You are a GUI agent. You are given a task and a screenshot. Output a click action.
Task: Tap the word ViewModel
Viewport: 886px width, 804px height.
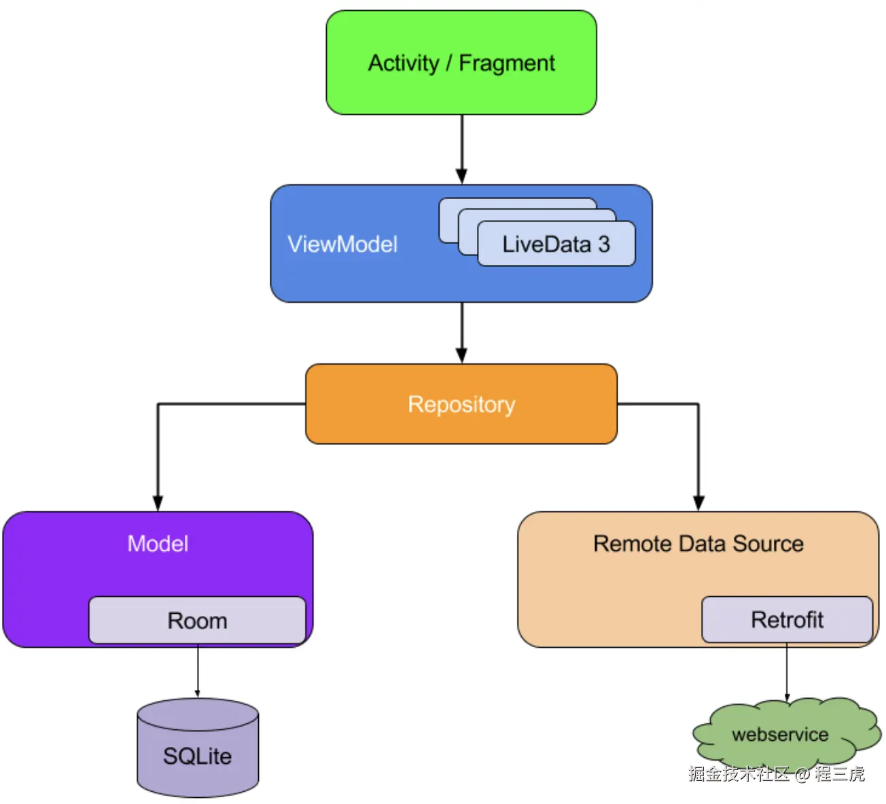tap(342, 244)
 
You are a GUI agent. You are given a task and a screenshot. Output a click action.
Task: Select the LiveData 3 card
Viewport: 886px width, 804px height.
tap(556, 244)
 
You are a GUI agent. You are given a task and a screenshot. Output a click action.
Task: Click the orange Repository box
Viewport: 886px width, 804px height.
tap(461, 404)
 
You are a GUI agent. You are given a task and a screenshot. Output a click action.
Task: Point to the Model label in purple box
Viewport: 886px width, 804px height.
tap(158, 543)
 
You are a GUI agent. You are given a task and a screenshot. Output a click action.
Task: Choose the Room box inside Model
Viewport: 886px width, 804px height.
tap(197, 621)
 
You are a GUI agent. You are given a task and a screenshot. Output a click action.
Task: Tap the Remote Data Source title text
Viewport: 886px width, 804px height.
tap(698, 543)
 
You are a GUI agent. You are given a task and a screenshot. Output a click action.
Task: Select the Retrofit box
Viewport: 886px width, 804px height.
tap(787, 619)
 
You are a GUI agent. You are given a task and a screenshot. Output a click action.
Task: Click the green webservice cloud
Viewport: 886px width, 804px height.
tap(780, 735)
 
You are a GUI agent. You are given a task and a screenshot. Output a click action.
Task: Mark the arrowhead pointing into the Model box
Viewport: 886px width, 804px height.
tap(158, 503)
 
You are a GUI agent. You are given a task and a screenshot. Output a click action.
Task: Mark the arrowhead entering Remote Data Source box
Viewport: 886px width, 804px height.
tap(698, 503)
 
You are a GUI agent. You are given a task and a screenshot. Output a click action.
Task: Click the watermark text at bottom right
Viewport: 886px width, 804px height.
tap(776, 774)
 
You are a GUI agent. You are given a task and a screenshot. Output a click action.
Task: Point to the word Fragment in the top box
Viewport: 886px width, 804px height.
tap(507, 63)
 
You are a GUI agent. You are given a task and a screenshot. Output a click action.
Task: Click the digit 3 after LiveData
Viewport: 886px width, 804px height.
tap(603, 244)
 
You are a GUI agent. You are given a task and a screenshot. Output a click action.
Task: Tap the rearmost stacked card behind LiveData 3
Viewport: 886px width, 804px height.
tap(516, 203)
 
